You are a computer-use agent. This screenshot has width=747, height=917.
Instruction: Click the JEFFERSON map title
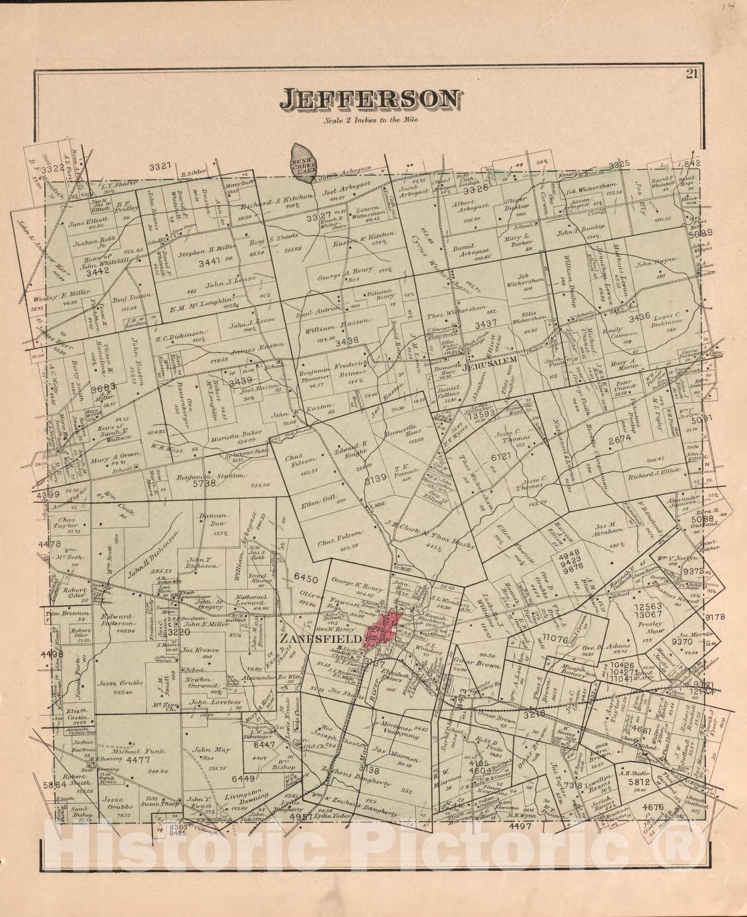[370, 100]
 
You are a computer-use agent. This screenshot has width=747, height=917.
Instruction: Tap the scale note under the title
[369, 120]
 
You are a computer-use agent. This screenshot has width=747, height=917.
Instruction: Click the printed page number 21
[691, 74]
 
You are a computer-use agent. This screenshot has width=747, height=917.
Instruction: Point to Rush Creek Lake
[303, 161]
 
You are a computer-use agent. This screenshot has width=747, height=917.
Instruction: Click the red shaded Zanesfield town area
[382, 629]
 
